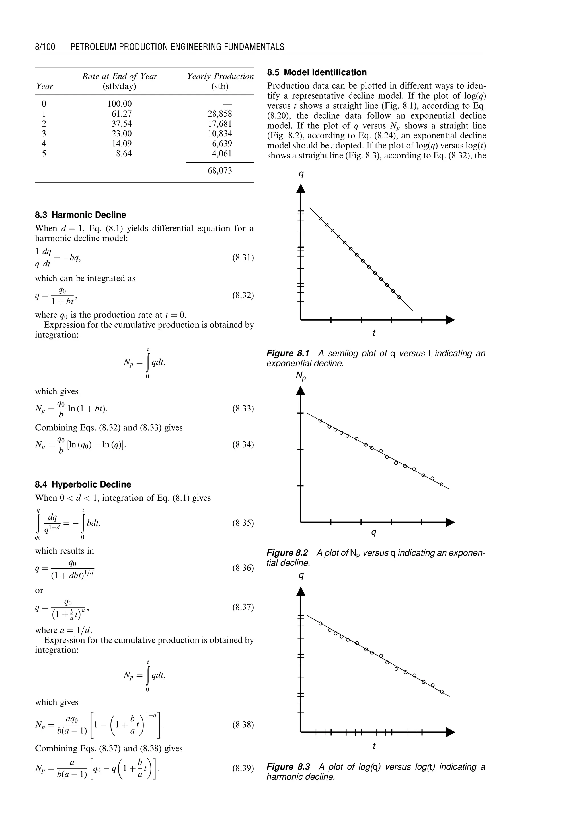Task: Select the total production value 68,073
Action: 220,171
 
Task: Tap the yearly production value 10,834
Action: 220,134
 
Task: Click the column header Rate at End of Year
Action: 120,76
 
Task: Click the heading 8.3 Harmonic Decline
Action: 80,215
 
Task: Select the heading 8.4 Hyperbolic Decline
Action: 83,484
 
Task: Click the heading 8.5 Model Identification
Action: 317,72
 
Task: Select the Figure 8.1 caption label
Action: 288,354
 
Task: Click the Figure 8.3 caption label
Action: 288,767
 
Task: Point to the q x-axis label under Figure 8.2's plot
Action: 374,532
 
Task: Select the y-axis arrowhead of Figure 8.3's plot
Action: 301,592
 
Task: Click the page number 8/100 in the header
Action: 45,47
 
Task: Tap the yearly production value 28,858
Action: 220,114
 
